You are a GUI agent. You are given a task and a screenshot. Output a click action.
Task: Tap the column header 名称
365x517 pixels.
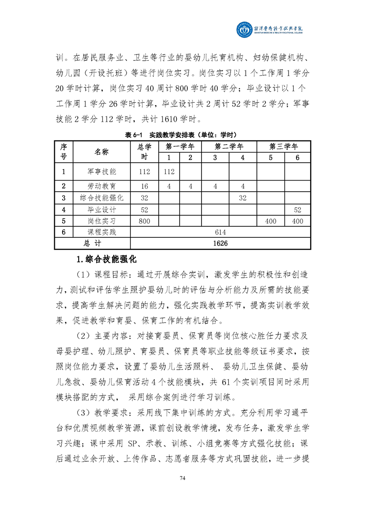point(102,152)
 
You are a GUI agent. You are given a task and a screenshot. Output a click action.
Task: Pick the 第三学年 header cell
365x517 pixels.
point(284,147)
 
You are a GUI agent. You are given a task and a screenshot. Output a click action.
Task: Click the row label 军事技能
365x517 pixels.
point(102,172)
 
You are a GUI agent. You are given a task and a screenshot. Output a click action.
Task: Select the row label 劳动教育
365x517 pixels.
point(102,187)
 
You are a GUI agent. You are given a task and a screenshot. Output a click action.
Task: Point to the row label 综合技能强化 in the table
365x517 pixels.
point(102,198)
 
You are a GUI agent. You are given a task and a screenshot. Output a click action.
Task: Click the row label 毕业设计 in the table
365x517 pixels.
point(102,210)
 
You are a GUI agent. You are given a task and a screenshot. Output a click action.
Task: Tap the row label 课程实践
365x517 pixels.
point(102,232)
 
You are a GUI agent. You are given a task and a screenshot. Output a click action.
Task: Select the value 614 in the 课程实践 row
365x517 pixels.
point(221,232)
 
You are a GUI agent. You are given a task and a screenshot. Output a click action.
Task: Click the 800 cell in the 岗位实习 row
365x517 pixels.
point(145,221)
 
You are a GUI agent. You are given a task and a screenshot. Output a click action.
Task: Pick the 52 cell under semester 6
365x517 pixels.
point(297,210)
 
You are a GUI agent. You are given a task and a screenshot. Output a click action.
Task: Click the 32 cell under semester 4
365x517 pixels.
point(243,198)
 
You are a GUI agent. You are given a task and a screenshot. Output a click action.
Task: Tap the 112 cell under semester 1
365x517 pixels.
point(169,172)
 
